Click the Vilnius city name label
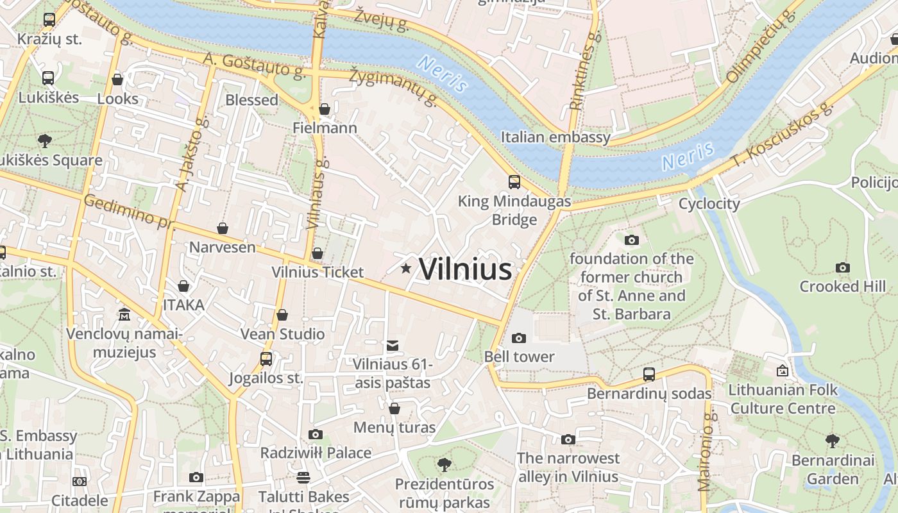click(x=465, y=269)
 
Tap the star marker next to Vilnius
click(x=405, y=268)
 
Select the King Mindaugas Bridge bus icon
click(x=514, y=181)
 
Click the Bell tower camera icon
click(x=518, y=338)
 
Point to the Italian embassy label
click(x=555, y=137)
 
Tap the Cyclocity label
click(x=709, y=204)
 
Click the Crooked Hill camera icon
click(x=842, y=268)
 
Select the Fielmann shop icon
click(x=325, y=109)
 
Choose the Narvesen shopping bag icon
click(x=222, y=228)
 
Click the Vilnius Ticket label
click(x=318, y=272)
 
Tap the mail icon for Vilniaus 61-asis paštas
click(x=393, y=346)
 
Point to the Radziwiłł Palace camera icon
click(x=315, y=435)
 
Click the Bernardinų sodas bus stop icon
click(x=649, y=374)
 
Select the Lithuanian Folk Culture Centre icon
click(x=782, y=371)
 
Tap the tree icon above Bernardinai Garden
click(x=832, y=441)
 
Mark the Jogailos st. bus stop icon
click(x=266, y=359)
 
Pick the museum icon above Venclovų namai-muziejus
click(x=124, y=315)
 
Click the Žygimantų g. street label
click(x=393, y=87)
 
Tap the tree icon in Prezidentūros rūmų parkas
click(x=443, y=465)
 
